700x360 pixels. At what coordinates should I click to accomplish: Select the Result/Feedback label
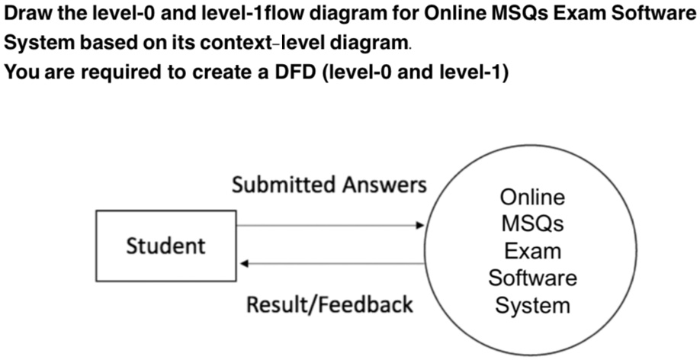[x=329, y=304]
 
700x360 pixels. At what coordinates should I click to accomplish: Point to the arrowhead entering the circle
[x=419, y=226]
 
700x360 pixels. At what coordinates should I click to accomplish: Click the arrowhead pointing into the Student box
[x=244, y=264]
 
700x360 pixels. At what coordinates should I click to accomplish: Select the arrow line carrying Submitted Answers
[x=328, y=226]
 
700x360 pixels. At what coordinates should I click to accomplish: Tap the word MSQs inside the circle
[x=532, y=224]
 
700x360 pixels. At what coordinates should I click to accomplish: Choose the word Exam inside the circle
[x=532, y=251]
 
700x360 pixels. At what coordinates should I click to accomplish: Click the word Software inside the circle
[x=532, y=278]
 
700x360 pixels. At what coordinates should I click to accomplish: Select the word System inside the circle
[x=532, y=305]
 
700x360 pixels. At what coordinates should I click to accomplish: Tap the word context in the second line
[x=234, y=44]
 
